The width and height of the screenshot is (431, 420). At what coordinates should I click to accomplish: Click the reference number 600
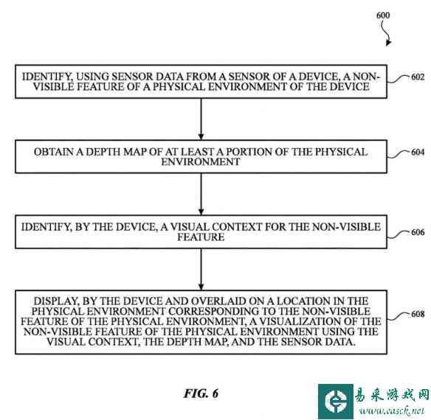pyautogui.click(x=383, y=15)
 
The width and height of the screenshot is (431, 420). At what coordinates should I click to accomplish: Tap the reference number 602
pyautogui.click(x=418, y=77)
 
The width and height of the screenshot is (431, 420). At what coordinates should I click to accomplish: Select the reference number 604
pyautogui.click(x=418, y=152)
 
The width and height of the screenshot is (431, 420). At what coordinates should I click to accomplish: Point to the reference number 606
pyautogui.click(x=418, y=232)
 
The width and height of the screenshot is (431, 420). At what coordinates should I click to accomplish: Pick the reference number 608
pyautogui.click(x=418, y=314)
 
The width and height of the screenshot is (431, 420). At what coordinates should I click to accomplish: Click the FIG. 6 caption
pyautogui.click(x=201, y=393)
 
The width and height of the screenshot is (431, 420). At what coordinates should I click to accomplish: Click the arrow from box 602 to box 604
pyautogui.click(x=201, y=119)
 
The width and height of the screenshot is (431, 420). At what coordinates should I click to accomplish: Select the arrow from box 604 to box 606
pyautogui.click(x=201, y=194)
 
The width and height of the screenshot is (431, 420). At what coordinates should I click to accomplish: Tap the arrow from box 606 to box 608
pyautogui.click(x=201, y=269)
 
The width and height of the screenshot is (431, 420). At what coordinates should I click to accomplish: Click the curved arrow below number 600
pyautogui.click(x=387, y=33)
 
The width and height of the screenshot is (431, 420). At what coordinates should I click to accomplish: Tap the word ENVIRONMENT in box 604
pyautogui.click(x=201, y=162)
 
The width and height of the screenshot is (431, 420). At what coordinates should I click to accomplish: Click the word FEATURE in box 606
pyautogui.click(x=201, y=237)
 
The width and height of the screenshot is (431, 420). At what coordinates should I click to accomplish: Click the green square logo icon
pyautogui.click(x=335, y=402)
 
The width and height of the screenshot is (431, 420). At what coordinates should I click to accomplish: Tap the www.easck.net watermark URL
pyautogui.click(x=391, y=410)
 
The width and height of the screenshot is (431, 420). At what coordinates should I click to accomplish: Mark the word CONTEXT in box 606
pyautogui.click(x=237, y=227)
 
